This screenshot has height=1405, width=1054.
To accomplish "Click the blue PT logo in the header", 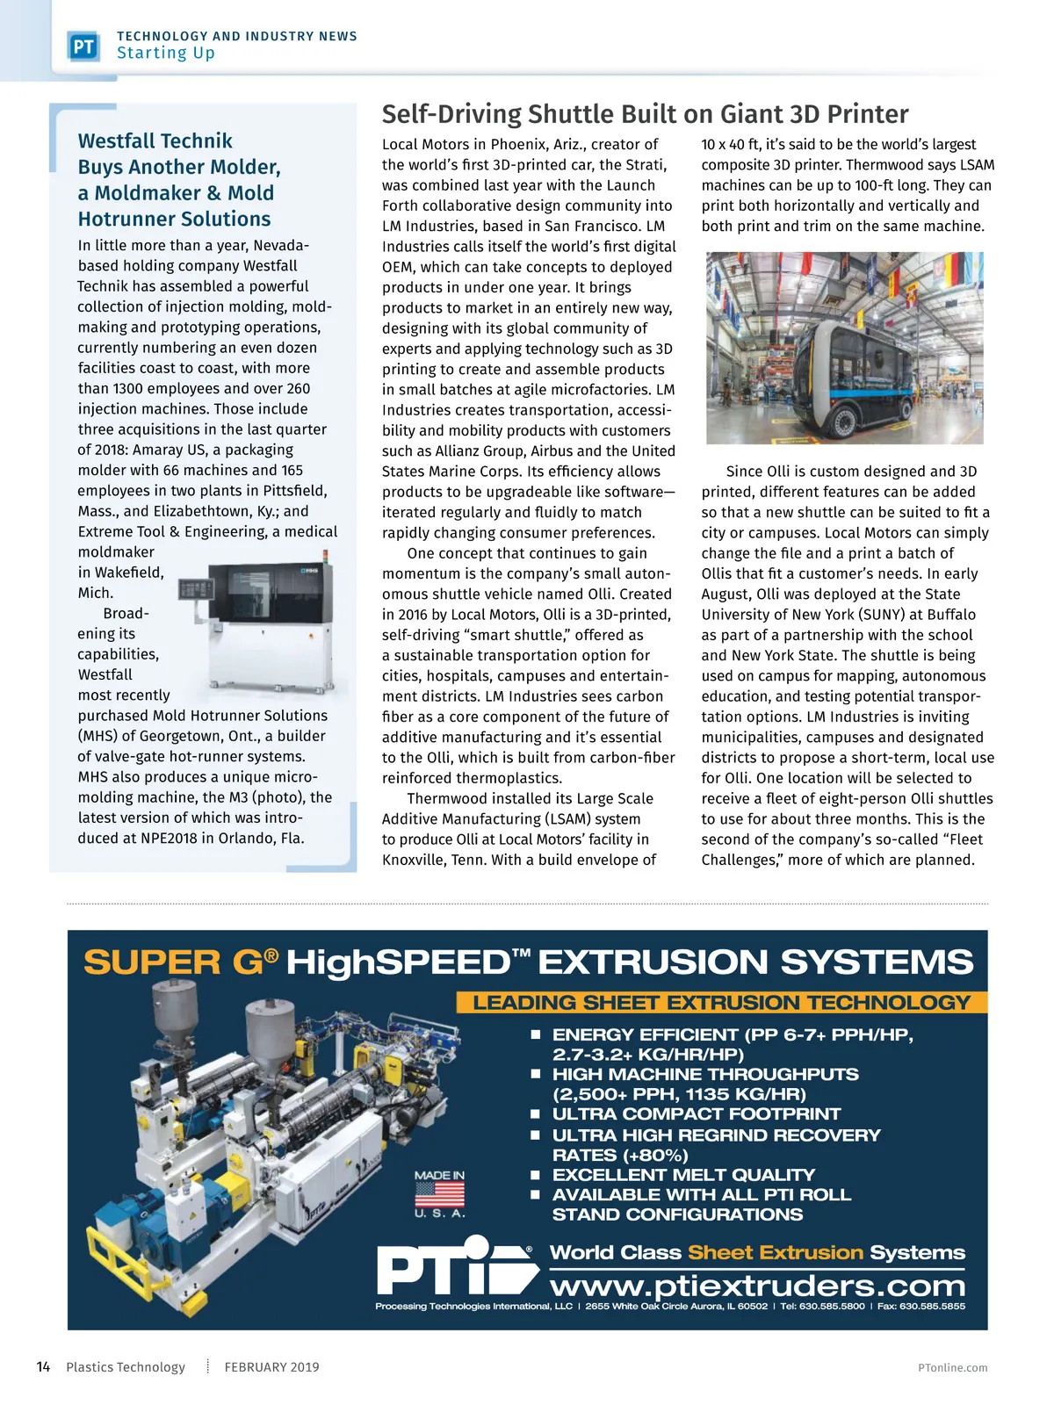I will (83, 47).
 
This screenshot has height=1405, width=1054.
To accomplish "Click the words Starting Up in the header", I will (166, 54).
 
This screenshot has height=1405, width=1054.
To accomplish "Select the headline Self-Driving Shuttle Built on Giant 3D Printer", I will (645, 114).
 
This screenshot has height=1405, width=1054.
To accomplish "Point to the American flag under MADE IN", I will (439, 1194).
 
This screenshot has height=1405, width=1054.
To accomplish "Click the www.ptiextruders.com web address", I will (757, 1286).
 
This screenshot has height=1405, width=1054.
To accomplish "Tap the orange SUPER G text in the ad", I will (172, 962).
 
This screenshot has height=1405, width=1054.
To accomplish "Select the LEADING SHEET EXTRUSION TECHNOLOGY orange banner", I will (721, 1003).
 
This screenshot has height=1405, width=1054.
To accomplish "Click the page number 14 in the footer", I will (43, 1367).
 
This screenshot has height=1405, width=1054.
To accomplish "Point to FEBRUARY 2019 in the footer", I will (271, 1367).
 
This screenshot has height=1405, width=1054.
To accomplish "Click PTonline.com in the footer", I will (952, 1367).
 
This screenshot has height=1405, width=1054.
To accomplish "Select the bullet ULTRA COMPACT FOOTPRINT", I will (696, 1113).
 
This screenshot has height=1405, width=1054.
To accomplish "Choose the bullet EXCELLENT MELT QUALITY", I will (683, 1175).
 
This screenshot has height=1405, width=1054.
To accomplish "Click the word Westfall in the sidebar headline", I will (116, 141).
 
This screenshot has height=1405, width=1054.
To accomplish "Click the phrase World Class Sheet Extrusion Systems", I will (757, 1252).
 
